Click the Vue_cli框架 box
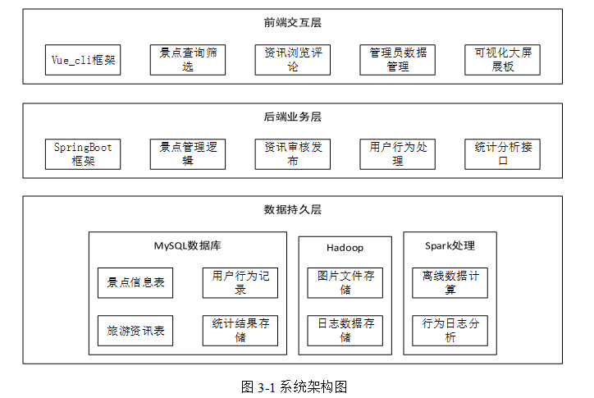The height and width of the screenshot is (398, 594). pyautogui.click(x=83, y=60)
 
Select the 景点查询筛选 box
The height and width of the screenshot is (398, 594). pyautogui.click(x=188, y=60)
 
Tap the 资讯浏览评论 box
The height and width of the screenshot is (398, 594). pyautogui.click(x=293, y=60)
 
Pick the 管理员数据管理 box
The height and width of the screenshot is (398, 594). pyautogui.click(x=398, y=60)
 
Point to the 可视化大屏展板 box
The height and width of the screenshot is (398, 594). pyautogui.click(x=503, y=60)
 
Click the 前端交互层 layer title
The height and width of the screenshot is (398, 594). pyautogui.click(x=293, y=23)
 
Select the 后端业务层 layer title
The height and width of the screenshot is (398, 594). pyautogui.click(x=293, y=117)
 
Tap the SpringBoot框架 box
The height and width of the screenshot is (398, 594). pyautogui.click(x=83, y=154)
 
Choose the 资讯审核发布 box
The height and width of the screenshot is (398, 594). pyautogui.click(x=293, y=154)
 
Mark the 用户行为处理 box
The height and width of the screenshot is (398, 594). pyautogui.click(x=398, y=154)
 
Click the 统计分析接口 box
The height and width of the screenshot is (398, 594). pyautogui.click(x=503, y=154)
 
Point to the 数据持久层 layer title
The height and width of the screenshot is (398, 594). pyautogui.click(x=293, y=209)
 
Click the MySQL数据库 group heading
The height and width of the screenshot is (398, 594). pyautogui.click(x=188, y=246)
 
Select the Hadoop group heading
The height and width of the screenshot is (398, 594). pyautogui.click(x=345, y=248)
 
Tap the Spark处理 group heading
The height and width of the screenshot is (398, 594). pyautogui.click(x=450, y=246)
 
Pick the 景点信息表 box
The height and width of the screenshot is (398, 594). pyautogui.click(x=135, y=283)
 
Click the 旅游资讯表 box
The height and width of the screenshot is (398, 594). pyautogui.click(x=135, y=331)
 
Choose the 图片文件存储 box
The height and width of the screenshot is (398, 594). pyautogui.click(x=345, y=283)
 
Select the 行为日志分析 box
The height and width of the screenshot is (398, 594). pyautogui.click(x=450, y=331)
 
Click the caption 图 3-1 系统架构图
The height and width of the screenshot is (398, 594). pyautogui.click(x=294, y=387)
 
